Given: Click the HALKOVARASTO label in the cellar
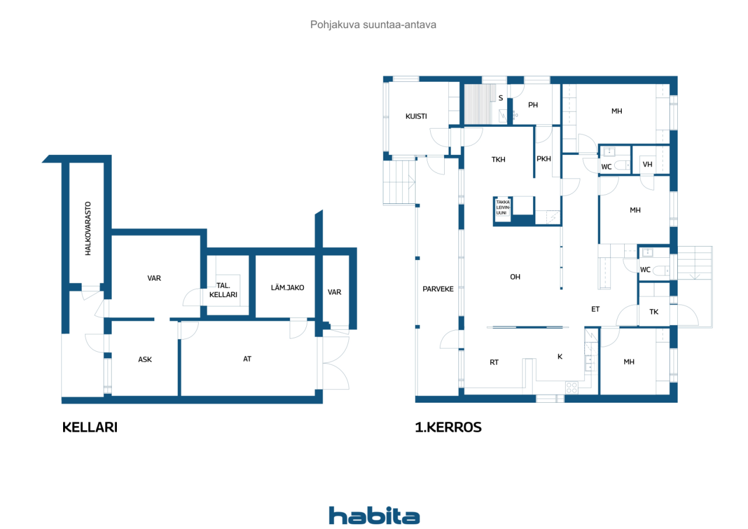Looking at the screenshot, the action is pyautogui.click(x=88, y=229).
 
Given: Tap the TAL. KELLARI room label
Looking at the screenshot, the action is pyautogui.click(x=223, y=290).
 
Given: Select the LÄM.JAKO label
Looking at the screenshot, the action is pyautogui.click(x=287, y=288).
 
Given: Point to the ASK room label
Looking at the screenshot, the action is pyautogui.click(x=145, y=359).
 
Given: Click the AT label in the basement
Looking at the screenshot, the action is pyautogui.click(x=247, y=359).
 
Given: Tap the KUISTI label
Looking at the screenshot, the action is pyautogui.click(x=416, y=116).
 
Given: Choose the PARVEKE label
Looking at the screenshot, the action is pyautogui.click(x=438, y=289).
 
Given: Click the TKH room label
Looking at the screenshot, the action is pyautogui.click(x=498, y=160).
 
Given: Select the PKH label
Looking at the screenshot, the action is pyautogui.click(x=543, y=158).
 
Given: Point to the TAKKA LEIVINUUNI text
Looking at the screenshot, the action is pyautogui.click(x=503, y=208).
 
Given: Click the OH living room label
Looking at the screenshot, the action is pyautogui.click(x=515, y=277).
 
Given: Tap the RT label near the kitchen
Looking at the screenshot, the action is pyautogui.click(x=494, y=362).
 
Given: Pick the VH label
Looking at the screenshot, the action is pyautogui.click(x=647, y=164).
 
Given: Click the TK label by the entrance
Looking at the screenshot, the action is pyautogui.click(x=654, y=312).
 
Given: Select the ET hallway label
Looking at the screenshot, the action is pyautogui.click(x=595, y=309).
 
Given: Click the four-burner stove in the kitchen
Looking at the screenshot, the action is pyautogui.click(x=572, y=388).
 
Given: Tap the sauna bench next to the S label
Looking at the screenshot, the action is pyautogui.click(x=480, y=104).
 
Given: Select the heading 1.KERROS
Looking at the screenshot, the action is pyautogui.click(x=448, y=427).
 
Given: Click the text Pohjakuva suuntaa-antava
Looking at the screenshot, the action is pyautogui.click(x=373, y=25).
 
